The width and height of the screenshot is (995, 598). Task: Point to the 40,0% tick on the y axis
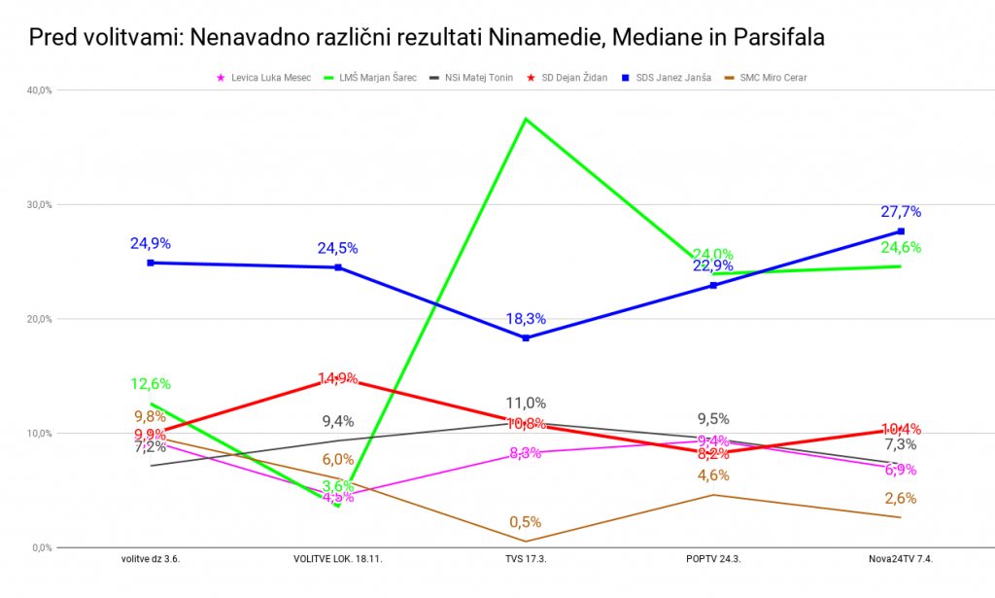39,90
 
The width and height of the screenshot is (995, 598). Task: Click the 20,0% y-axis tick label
39,319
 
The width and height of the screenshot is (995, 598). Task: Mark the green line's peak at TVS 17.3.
526,119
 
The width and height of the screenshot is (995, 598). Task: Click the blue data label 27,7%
901,212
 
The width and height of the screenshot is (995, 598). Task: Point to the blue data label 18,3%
526,319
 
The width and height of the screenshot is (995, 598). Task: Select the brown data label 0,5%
526,522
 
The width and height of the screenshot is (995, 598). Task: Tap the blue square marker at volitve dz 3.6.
151,263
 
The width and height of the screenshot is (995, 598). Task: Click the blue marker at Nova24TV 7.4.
901,231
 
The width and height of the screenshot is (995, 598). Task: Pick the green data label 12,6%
151,383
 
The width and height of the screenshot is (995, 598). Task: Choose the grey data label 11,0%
526,403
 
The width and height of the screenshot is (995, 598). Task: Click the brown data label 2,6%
901,498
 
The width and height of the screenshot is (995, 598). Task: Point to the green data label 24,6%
901,248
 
